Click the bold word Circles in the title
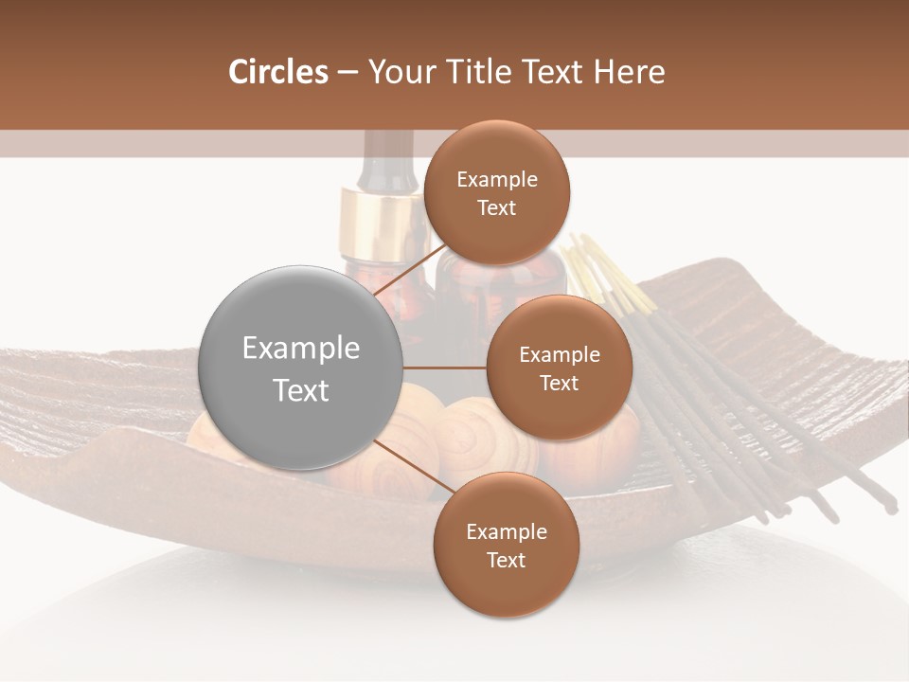[x=277, y=72]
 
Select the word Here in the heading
[x=629, y=72]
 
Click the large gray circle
[x=301, y=368]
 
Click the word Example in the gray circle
[x=301, y=349]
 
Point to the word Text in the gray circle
[x=301, y=389]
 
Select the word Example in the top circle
[x=496, y=179]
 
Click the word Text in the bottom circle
[x=506, y=560]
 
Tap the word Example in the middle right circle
[x=559, y=354]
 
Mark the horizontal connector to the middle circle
[x=445, y=368]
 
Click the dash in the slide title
[x=348, y=72]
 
